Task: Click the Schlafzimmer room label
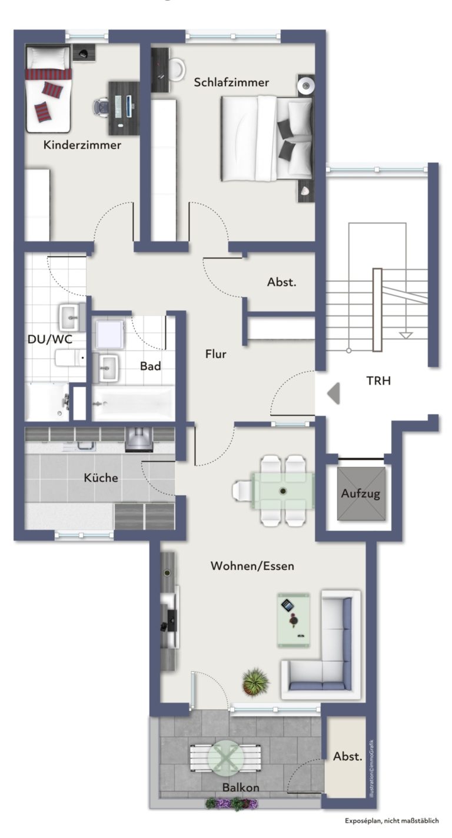point(231,82)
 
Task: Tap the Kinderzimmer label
point(82,145)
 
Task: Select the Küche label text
point(101,478)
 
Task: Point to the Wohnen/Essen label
point(252,566)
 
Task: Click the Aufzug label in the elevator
point(361,493)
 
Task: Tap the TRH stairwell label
point(378,381)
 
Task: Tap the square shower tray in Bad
point(109,333)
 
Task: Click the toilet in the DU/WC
point(70,358)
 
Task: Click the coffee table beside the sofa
point(293,620)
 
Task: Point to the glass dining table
point(282,491)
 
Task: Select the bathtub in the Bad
point(133,403)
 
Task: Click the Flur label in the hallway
point(216,354)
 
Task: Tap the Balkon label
point(241,787)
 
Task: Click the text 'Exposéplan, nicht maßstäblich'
point(392,821)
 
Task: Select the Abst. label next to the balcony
point(347,757)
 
